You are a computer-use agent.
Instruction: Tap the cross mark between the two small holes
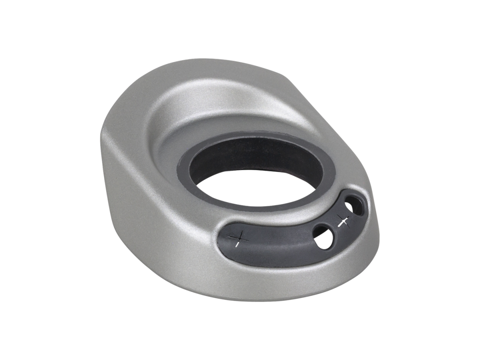[343, 220]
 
